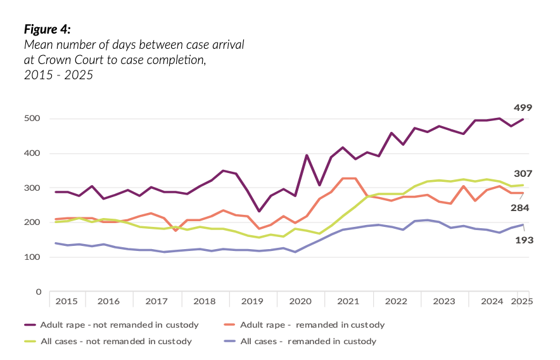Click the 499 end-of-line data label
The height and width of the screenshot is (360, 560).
point(523,107)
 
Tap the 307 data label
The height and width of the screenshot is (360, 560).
point(523,174)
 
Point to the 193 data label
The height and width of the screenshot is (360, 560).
point(523,240)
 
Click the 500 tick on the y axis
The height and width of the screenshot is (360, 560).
point(33,119)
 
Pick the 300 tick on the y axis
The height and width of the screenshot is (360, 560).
point(33,188)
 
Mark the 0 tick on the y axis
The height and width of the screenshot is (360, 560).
point(38,292)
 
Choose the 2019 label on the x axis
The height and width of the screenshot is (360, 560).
point(251,301)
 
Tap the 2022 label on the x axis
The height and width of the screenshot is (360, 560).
point(395,301)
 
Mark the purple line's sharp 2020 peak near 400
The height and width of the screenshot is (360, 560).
point(307,155)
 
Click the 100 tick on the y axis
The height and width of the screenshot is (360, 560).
point(33,257)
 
